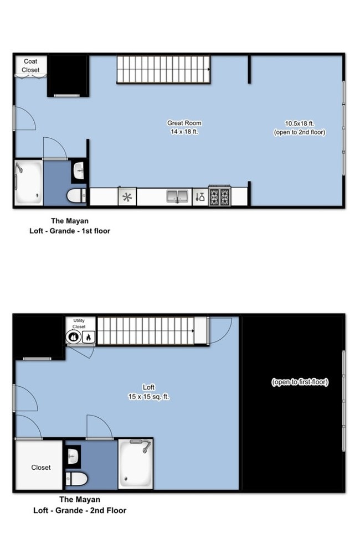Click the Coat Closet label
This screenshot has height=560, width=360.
pos(30,66)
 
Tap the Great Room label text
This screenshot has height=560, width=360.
pos(184,123)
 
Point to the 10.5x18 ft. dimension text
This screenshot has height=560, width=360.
pos(299,123)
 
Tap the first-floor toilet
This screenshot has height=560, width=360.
pos(75,196)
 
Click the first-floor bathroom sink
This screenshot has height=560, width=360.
pos(79,170)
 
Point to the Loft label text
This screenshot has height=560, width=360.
pos(148,387)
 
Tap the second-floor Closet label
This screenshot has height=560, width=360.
pos(40,467)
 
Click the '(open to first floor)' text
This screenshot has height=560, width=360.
pos(300,382)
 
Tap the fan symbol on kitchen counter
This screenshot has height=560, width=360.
pos(127,196)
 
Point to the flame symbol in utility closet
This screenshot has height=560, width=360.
pos(89,335)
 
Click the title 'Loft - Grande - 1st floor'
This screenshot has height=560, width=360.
pos(70,231)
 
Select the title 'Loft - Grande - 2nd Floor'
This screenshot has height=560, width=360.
pos(79,510)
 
